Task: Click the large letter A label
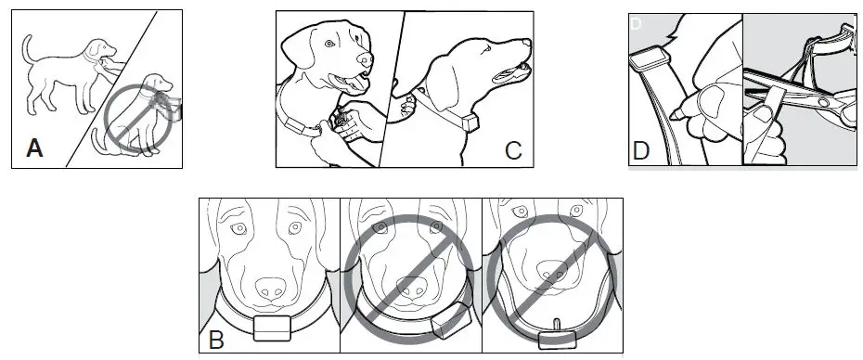point(34,148)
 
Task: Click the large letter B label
point(217,340)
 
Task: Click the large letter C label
point(513,149)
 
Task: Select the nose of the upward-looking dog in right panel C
point(527,43)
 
